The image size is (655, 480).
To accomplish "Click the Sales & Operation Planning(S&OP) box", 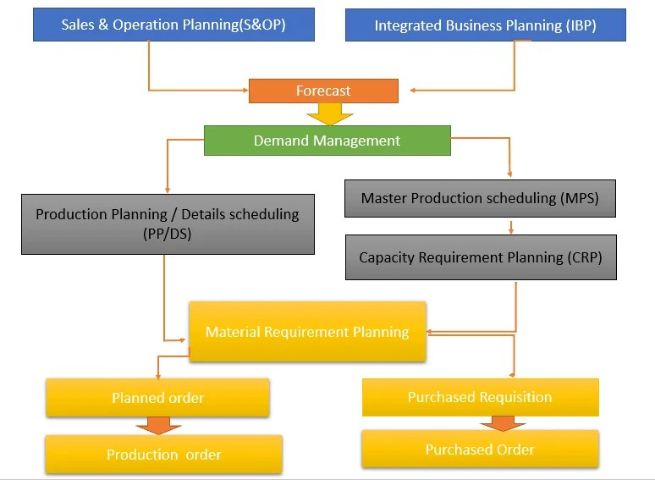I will point(173,25).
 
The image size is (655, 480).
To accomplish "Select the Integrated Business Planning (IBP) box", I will point(485,25).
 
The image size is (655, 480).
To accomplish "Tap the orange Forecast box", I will point(323,91).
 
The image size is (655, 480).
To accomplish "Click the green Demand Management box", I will point(327,141).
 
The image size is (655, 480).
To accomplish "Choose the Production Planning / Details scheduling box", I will point(168,224).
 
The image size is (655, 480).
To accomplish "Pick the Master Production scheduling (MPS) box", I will point(480,198).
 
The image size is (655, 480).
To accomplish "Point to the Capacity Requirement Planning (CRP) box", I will point(481,257).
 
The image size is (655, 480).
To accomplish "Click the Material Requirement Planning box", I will point(307,332).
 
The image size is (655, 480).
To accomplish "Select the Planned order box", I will point(157,398).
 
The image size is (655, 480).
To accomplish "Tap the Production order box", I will point(163,455).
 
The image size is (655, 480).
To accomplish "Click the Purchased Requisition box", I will point(480,397).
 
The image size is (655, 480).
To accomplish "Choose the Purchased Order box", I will point(480,450).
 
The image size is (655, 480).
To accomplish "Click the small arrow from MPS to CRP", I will point(511,227).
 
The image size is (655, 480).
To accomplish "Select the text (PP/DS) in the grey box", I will point(168,234).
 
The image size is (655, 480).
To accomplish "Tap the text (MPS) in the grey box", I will point(580,198).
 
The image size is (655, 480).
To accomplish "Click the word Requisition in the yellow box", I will point(514,397).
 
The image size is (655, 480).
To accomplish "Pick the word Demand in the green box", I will point(279,141).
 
